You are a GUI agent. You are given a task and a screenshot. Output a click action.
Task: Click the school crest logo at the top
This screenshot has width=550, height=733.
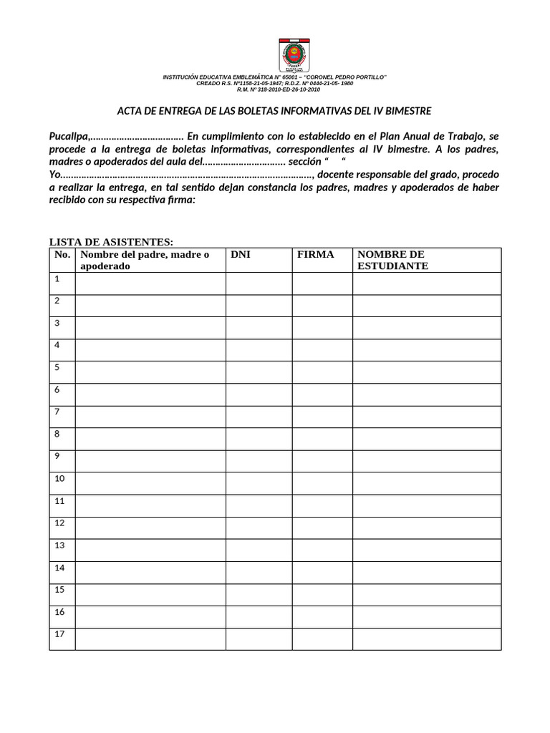pos(294,55)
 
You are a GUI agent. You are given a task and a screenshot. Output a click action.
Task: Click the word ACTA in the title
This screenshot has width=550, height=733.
pos(130,111)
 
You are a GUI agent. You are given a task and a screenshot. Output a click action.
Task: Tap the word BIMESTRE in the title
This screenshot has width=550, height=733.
pos(407,111)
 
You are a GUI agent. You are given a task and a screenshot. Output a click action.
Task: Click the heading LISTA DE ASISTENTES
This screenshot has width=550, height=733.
pos(111,242)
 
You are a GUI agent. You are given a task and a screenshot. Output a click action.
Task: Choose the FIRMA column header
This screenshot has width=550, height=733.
pos(316,255)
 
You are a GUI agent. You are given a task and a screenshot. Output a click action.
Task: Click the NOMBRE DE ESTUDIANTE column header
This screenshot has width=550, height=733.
pos(391,260)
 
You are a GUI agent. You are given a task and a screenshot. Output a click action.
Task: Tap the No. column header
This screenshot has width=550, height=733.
pos(62,255)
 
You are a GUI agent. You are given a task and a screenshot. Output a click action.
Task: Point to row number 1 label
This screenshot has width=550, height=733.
pos(57,278)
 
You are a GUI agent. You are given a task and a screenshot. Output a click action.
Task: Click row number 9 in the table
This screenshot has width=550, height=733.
pos(57,456)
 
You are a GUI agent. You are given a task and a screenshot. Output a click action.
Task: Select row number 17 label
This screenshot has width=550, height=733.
pos(59,634)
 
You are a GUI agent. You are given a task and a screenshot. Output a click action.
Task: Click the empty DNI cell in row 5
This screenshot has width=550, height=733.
pos(259,372)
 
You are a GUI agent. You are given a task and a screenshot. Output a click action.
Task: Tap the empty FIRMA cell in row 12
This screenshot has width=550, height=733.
pos(322,528)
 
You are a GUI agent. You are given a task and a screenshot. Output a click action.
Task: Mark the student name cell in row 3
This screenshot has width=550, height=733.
pos(426,328)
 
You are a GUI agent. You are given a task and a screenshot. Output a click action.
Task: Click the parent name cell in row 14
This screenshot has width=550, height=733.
pos(150,572)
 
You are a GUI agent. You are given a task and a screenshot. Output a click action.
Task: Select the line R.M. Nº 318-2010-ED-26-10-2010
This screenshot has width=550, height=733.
pos(279,89)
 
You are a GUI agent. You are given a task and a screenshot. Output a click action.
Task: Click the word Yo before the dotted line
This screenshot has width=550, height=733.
pos(55,175)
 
